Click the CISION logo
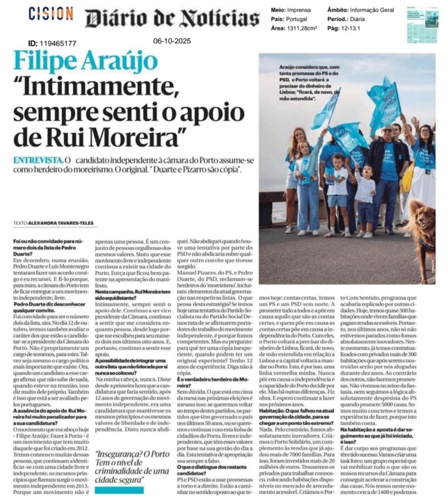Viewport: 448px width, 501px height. (x=51, y=14)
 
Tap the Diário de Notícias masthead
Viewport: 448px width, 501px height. (x=172, y=19)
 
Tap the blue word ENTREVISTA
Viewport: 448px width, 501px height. (x=36, y=161)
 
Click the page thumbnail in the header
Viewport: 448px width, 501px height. (x=422, y=24)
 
